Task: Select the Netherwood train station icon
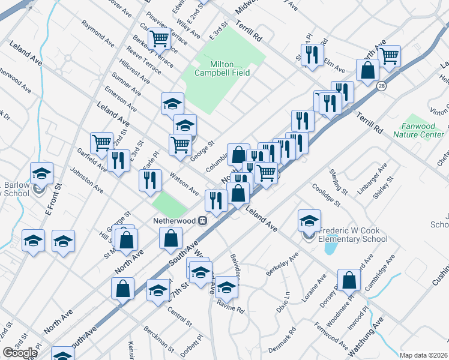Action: tap(203, 220)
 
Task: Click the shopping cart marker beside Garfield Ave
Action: tap(102, 142)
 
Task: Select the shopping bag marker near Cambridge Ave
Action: tap(349, 280)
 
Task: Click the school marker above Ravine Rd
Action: tap(226, 286)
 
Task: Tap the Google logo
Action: tap(20, 353)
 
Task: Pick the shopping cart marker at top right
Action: tap(390, 56)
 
